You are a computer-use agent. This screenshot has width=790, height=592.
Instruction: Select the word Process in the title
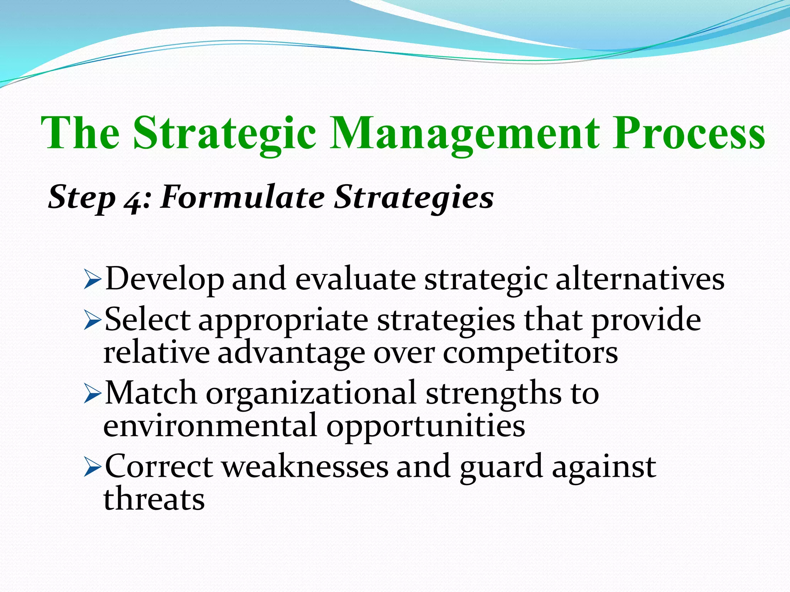pyautogui.click(x=689, y=133)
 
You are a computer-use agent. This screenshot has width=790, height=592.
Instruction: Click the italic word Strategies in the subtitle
pyautogui.click(x=414, y=197)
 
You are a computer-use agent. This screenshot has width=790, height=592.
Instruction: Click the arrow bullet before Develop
pyautogui.click(x=92, y=281)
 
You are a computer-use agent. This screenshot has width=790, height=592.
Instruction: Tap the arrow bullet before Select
pyautogui.click(x=92, y=321)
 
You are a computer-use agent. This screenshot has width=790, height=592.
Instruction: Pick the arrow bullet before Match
pyautogui.click(x=92, y=395)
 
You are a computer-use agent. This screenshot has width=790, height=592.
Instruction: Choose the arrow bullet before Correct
pyautogui.click(x=92, y=468)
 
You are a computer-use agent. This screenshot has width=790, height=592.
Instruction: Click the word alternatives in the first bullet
pyautogui.click(x=640, y=279)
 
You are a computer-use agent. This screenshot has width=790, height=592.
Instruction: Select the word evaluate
pyautogui.click(x=355, y=279)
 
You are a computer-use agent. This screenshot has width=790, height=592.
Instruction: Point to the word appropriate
pyautogui.click(x=283, y=321)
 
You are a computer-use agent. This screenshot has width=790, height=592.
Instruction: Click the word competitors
pyautogui.click(x=530, y=353)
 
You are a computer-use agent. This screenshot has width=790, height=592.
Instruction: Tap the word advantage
pyautogui.click(x=291, y=354)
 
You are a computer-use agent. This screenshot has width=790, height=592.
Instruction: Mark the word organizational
pyautogui.click(x=311, y=393)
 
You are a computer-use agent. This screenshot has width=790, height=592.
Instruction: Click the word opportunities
pyautogui.click(x=425, y=427)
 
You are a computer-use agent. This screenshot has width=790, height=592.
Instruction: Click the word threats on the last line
pyautogui.click(x=154, y=499)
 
